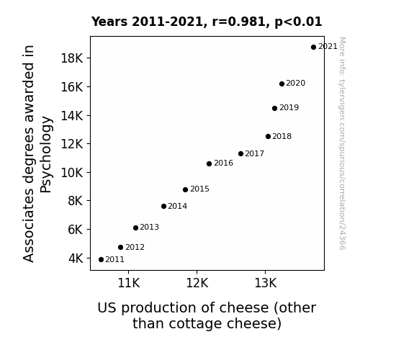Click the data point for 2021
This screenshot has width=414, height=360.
(x=313, y=48)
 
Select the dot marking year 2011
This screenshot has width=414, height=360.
(x=101, y=260)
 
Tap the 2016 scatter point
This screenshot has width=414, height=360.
(x=209, y=163)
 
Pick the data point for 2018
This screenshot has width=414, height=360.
(x=268, y=137)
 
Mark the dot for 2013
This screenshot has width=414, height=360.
(x=135, y=228)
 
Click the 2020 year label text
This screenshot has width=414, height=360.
(x=295, y=84)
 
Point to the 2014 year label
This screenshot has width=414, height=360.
(x=177, y=207)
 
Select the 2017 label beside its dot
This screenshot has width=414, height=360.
(x=254, y=153)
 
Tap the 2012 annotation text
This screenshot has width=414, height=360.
(x=135, y=248)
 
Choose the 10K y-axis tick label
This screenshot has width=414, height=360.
(x=72, y=173)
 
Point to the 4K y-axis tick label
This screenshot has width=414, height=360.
(x=76, y=258)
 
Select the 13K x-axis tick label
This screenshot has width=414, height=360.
(x=266, y=283)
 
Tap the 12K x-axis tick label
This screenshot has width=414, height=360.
(x=197, y=283)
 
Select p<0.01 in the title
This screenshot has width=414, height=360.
(x=298, y=22)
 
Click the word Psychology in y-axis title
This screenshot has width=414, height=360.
(x=45, y=155)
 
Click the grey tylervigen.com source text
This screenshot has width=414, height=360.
(x=343, y=143)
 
